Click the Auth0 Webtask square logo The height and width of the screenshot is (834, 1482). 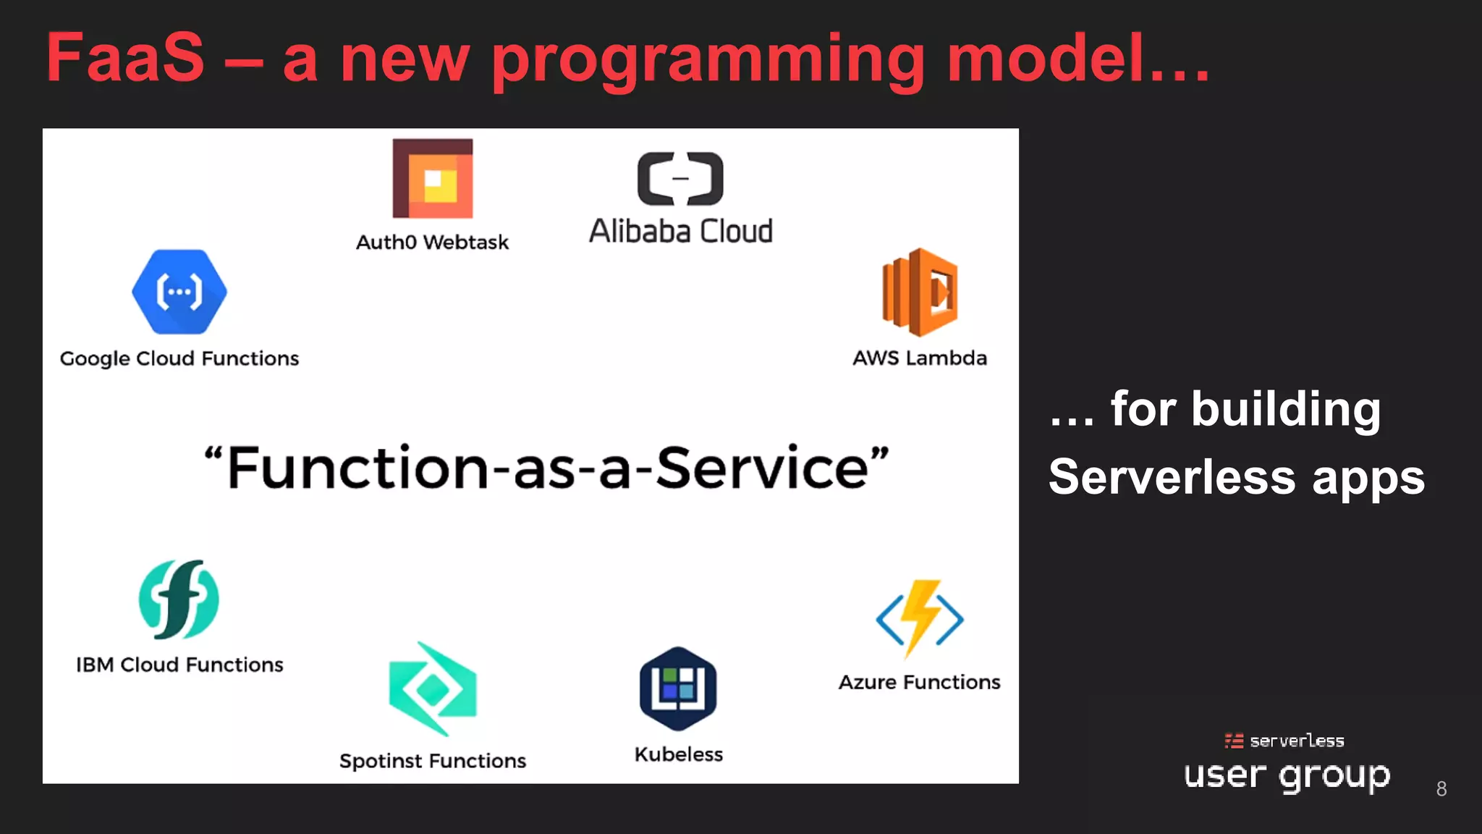click(433, 178)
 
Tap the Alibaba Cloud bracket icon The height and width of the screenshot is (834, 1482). click(680, 178)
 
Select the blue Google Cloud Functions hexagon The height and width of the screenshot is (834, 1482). click(179, 292)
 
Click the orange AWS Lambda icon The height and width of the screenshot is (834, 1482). click(920, 292)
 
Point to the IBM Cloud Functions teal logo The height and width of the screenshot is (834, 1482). click(179, 599)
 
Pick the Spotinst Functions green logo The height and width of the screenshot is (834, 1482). click(433, 688)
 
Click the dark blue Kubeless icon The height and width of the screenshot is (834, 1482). click(678, 688)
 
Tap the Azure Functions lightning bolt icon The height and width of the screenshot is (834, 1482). click(920, 618)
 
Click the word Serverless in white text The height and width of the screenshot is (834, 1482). click(1172, 477)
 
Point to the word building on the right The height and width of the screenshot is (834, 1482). click(1286, 409)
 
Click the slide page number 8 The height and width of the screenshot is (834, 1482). click(1441, 788)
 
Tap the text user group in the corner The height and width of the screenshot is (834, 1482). click(1287, 775)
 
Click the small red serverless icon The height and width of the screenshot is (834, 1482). click(1234, 741)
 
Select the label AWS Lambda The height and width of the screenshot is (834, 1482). click(920, 358)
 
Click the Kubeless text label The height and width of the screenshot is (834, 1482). click(678, 754)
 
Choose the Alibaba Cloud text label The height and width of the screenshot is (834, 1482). click(680, 232)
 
